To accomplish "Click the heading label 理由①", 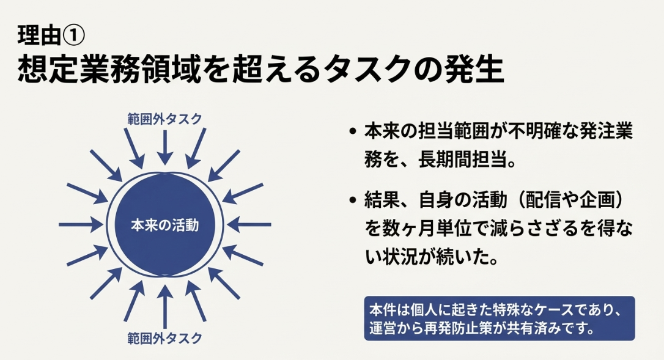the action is coord(51,35).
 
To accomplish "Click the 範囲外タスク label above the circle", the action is coord(164,119).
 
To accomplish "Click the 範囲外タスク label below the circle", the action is coord(164,338).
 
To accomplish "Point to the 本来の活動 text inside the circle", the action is coord(164,225).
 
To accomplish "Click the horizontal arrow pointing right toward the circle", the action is coord(81,224).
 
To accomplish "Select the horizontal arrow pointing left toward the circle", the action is coord(249,224).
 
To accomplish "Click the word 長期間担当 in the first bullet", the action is coord(462,160).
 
